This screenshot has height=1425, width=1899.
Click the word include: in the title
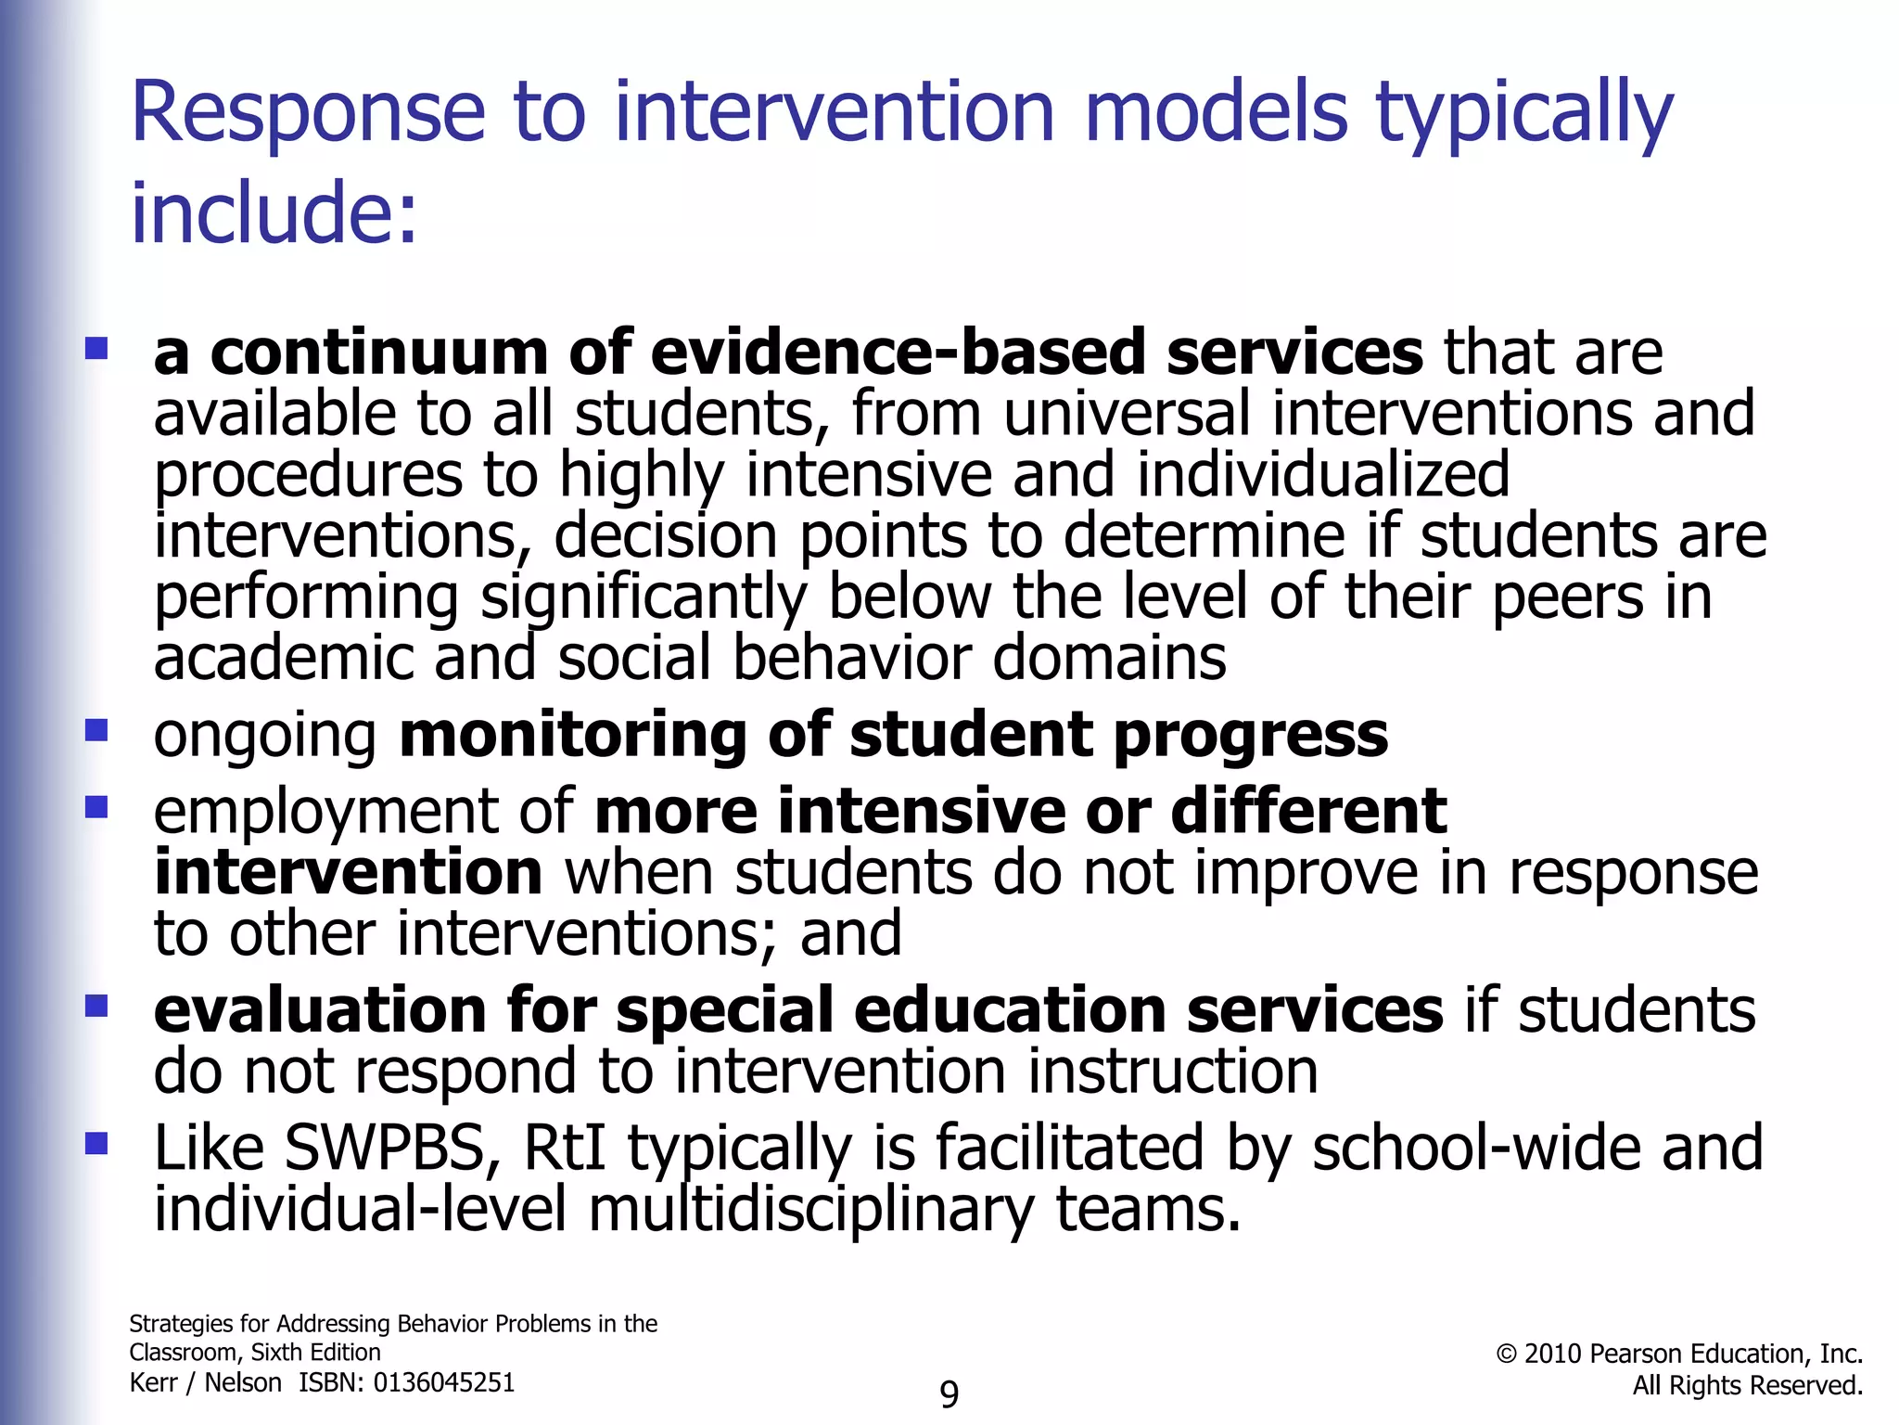(x=274, y=212)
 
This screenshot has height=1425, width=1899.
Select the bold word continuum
(x=379, y=353)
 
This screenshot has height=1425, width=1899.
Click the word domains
(x=1109, y=659)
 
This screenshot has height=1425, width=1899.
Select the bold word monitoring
(x=572, y=735)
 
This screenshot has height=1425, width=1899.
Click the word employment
(x=325, y=813)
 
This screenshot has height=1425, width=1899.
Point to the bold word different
(x=1308, y=812)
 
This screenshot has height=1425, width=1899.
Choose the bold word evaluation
(x=320, y=1010)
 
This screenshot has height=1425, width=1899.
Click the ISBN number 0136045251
(x=443, y=1383)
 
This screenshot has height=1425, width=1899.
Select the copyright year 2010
(x=1552, y=1354)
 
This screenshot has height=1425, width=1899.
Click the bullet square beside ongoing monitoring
(x=96, y=731)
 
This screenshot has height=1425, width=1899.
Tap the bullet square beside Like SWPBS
(x=96, y=1143)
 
